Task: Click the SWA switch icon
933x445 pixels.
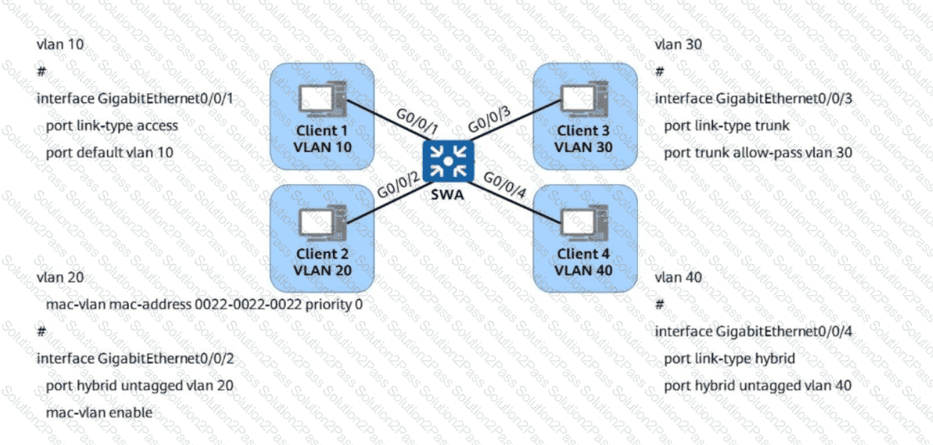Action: coord(446,161)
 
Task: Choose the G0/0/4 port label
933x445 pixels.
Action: coord(507,187)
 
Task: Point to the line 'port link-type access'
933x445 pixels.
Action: coord(111,126)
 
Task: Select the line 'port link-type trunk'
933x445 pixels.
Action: coord(726,126)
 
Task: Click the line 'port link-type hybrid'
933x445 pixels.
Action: coord(729,359)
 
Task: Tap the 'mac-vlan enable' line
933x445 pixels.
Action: coord(99,413)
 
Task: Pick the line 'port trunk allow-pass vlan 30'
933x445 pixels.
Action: coord(757,153)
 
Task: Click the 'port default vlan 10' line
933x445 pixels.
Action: coord(109,153)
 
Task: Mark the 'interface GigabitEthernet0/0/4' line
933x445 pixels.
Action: coord(753,331)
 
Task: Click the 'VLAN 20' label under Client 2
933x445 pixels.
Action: coord(322,270)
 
